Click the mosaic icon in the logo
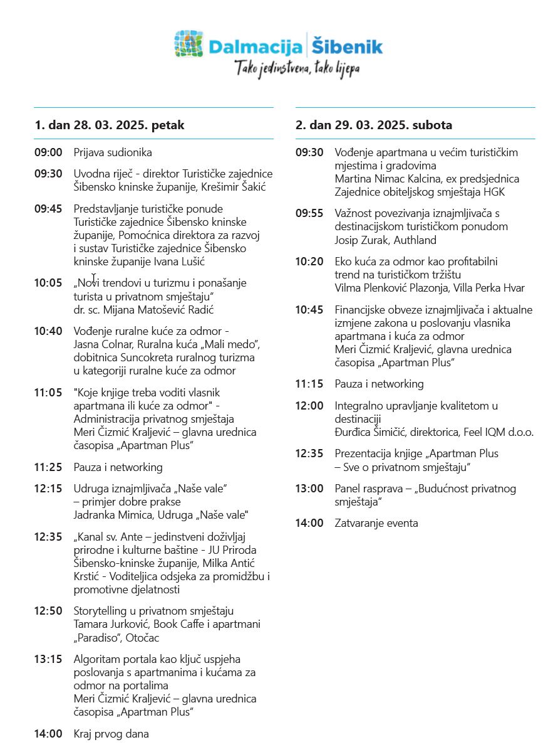coord(189,44)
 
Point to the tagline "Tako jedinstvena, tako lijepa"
coord(297,68)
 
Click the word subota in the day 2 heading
coord(432,125)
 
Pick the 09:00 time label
coord(48,152)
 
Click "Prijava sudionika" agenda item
coord(113,152)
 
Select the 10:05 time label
coord(48,283)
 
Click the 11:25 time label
coord(48,467)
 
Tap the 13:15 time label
coord(48,659)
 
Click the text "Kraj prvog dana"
coord(111,734)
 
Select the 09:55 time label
coord(309,213)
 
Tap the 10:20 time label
coord(309,262)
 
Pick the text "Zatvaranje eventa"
coord(376,523)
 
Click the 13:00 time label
coord(309,489)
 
